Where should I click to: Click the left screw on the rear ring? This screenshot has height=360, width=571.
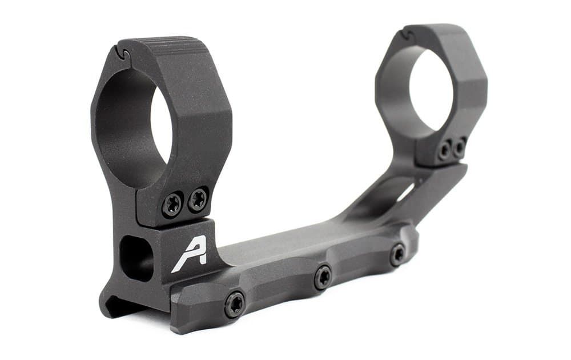pyautogui.click(x=445, y=151)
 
